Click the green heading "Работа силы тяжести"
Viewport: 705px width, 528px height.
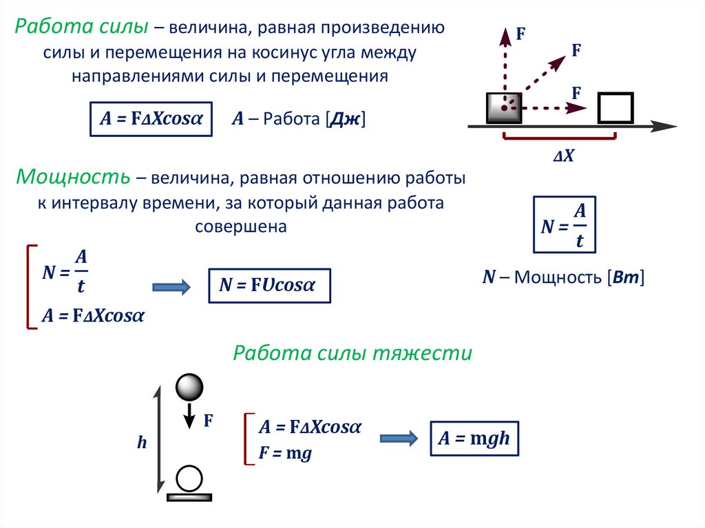[352, 354]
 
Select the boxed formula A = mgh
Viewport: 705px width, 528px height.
[474, 439]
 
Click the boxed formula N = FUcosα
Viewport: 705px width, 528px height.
[269, 286]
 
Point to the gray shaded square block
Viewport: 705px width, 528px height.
[504, 107]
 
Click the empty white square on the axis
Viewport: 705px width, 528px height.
[615, 107]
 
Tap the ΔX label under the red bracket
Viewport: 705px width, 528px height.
[563, 156]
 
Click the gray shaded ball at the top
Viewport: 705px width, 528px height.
[189, 388]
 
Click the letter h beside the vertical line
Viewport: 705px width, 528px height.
[142, 443]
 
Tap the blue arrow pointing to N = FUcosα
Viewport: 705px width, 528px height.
[170, 287]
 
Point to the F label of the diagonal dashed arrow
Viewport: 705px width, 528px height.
[576, 50]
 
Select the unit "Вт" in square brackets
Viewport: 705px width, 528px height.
[626, 277]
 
